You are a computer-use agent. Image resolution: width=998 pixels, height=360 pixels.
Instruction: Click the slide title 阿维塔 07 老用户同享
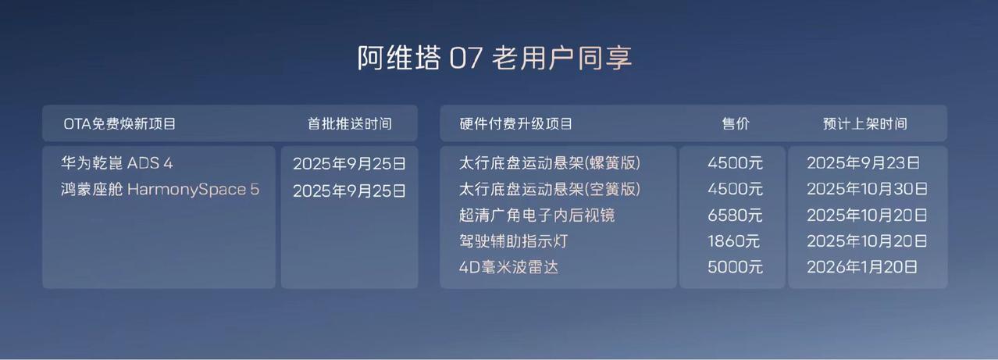coord(494,59)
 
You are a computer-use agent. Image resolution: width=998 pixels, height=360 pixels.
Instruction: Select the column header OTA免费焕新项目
coord(119,124)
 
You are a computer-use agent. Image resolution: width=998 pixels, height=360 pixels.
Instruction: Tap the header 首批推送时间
coord(350,124)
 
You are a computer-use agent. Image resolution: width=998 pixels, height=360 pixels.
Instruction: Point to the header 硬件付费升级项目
coord(516,124)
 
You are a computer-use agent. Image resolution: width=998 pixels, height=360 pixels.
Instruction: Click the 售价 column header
coord(736,124)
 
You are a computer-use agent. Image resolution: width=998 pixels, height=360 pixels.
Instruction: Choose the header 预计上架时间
coord(865,124)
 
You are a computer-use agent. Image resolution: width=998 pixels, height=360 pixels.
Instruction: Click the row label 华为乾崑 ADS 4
coord(116,163)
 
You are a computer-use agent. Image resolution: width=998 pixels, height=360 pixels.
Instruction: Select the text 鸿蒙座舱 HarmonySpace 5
coord(160,189)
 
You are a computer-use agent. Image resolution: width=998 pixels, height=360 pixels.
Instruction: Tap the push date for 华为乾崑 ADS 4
coord(349,164)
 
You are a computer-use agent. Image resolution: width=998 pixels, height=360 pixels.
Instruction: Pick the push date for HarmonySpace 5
coord(349,191)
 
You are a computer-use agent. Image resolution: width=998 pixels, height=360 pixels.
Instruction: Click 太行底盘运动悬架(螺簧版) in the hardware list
coord(550,163)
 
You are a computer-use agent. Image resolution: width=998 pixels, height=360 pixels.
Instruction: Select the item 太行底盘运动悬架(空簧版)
coord(550,189)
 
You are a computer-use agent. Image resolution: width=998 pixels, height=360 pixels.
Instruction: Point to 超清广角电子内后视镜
coord(536,216)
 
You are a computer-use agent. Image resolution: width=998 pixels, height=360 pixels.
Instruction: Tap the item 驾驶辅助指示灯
coord(513,241)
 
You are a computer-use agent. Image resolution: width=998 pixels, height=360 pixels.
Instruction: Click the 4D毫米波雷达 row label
coord(508,267)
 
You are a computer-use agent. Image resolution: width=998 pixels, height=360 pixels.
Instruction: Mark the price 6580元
coord(735,216)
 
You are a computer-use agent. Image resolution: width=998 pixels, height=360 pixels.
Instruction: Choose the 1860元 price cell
coord(733,241)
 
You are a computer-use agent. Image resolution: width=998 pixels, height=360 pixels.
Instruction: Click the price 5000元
coord(735,267)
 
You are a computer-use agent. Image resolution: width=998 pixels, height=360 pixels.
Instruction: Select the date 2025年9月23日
coord(864,163)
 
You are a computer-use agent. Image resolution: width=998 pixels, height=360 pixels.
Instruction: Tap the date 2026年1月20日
coord(862,267)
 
